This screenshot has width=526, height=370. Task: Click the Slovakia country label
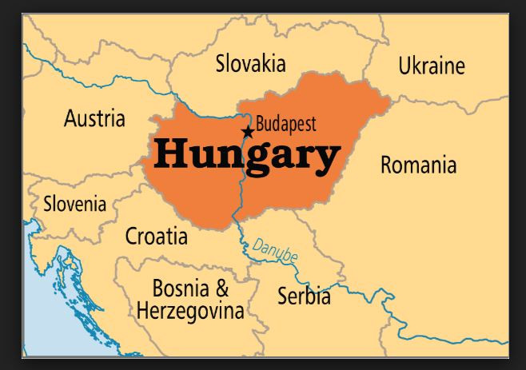click(x=250, y=63)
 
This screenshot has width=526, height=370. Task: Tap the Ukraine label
click(x=432, y=66)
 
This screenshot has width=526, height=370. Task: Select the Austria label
click(x=94, y=119)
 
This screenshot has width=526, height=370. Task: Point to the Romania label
click(x=418, y=165)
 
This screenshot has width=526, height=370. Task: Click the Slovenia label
click(x=74, y=203)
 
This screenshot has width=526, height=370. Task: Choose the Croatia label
click(x=157, y=236)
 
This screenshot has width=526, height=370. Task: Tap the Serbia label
click(x=304, y=296)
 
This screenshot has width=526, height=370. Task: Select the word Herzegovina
click(x=189, y=310)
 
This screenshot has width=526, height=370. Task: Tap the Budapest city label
click(x=285, y=124)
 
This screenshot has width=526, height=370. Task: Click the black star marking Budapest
click(x=248, y=131)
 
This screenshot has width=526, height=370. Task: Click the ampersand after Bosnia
click(x=221, y=288)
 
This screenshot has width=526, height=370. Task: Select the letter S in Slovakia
click(x=221, y=64)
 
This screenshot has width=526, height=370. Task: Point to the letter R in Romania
click(x=387, y=165)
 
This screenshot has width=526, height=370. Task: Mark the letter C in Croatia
click(x=133, y=236)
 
